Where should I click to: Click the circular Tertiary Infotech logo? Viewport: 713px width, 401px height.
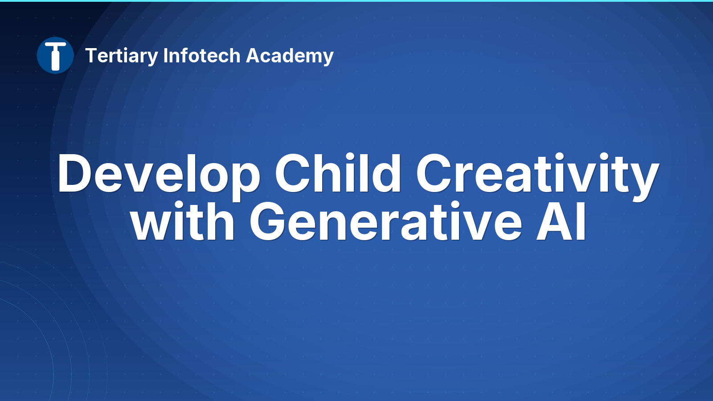pyautogui.click(x=55, y=55)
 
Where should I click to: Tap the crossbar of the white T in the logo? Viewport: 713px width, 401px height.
pyautogui.click(x=55, y=45)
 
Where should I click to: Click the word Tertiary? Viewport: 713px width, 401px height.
pyautogui.click(x=122, y=56)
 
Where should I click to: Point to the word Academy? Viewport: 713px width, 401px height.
pyautogui.click(x=290, y=56)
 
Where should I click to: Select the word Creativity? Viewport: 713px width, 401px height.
pyautogui.click(x=537, y=176)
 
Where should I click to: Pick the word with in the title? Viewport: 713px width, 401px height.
pyautogui.click(x=183, y=221)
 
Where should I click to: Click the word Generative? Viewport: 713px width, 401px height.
pyautogui.click(x=386, y=221)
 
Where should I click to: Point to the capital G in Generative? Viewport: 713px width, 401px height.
pyautogui.click(x=267, y=221)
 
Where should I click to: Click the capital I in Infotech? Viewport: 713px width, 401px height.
pyautogui.click(x=165, y=56)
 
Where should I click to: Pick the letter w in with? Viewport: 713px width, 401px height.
pyautogui.click(x=151, y=226)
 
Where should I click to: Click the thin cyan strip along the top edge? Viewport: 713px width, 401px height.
pyautogui.click(x=356, y=0)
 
